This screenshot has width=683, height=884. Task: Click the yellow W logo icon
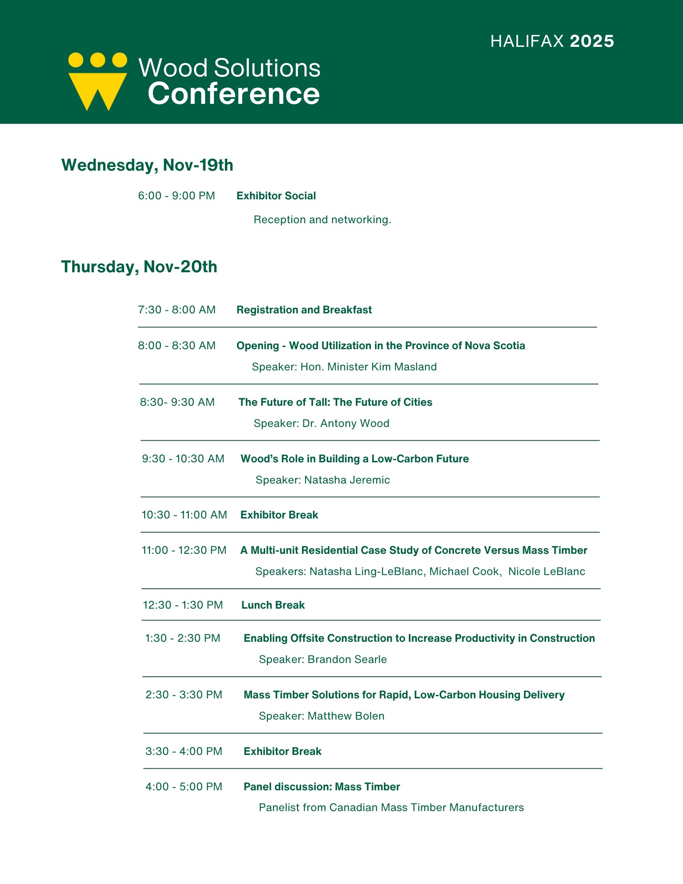[x=97, y=82]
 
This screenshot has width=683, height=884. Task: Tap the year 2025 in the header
[x=592, y=41]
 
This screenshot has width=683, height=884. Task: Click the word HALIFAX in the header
[x=527, y=41]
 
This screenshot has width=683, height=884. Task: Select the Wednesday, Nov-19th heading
[x=147, y=165]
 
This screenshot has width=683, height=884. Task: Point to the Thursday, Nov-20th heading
[x=139, y=267]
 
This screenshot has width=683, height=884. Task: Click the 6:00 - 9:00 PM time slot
[x=176, y=196]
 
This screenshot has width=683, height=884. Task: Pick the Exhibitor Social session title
[x=276, y=196]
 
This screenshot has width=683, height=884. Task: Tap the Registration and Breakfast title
[x=304, y=310]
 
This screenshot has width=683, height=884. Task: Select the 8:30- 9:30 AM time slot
[x=177, y=402]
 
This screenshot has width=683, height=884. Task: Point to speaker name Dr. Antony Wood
[x=346, y=423]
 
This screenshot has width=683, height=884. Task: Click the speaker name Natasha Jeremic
[x=347, y=480]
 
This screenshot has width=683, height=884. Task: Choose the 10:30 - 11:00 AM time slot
[x=184, y=515]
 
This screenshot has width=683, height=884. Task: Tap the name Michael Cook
[x=465, y=572]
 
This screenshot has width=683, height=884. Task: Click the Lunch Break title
[x=273, y=605]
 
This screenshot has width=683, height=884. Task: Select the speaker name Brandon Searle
[x=347, y=659]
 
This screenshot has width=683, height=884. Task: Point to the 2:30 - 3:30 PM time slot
[x=184, y=695]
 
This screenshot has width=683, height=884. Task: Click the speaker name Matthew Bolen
[x=346, y=716]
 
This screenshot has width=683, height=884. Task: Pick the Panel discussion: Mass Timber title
[x=322, y=787]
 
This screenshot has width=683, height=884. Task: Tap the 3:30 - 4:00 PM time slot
[x=184, y=751]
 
